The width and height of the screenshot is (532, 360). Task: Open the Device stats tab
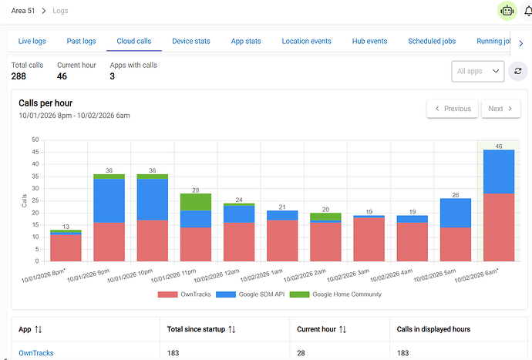(x=191, y=41)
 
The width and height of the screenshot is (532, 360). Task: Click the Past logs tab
(x=81, y=41)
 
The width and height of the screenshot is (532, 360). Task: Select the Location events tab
(x=306, y=41)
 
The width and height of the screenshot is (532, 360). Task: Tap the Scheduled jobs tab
(x=432, y=41)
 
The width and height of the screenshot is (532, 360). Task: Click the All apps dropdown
(x=478, y=71)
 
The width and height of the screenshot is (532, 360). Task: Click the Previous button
(x=453, y=109)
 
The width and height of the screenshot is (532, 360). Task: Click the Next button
(x=501, y=109)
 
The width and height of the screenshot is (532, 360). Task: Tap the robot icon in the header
(x=507, y=11)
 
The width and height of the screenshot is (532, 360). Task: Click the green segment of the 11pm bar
(x=196, y=202)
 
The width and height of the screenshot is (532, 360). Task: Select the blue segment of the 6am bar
(x=499, y=172)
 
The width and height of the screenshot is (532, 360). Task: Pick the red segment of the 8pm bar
(x=66, y=248)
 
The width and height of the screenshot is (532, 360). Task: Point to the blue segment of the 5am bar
(x=456, y=213)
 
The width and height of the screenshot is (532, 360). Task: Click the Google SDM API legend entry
(x=250, y=294)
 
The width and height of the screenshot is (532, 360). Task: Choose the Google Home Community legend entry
(x=335, y=294)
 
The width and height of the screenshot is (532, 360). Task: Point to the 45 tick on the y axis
(x=35, y=152)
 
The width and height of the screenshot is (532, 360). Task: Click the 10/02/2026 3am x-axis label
(x=348, y=275)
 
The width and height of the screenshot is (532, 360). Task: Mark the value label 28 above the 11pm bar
(x=196, y=190)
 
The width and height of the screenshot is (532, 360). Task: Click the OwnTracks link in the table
(x=36, y=353)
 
